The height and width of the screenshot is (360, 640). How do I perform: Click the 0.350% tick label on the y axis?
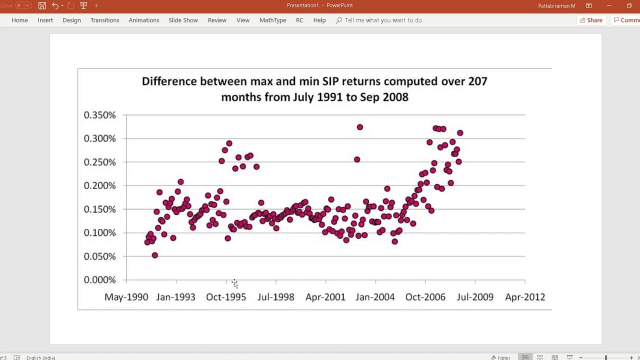click(99, 115)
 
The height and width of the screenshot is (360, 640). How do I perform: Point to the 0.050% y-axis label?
click(99, 256)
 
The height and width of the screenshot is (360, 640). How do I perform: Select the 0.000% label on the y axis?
click(99, 280)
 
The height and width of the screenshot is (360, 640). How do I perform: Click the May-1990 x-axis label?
click(126, 297)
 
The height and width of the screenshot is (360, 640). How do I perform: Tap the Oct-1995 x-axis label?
click(226, 297)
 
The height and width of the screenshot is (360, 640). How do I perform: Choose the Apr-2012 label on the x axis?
click(525, 297)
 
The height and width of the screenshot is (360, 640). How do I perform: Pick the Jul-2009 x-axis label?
click(475, 297)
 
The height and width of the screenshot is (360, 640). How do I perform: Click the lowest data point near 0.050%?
click(155, 255)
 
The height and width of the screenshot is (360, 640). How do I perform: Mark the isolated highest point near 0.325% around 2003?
click(359, 127)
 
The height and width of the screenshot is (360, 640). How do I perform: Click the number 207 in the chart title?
click(477, 81)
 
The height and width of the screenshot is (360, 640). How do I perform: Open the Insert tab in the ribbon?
click(45, 20)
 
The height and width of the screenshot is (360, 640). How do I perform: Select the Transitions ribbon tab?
click(104, 20)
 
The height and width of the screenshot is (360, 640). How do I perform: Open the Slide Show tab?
click(183, 20)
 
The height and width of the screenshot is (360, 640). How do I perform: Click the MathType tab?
click(272, 20)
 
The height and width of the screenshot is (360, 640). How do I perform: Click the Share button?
click(591, 20)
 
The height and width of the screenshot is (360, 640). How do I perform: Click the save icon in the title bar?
click(42, 5)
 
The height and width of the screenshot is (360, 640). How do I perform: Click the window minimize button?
click(609, 5)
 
